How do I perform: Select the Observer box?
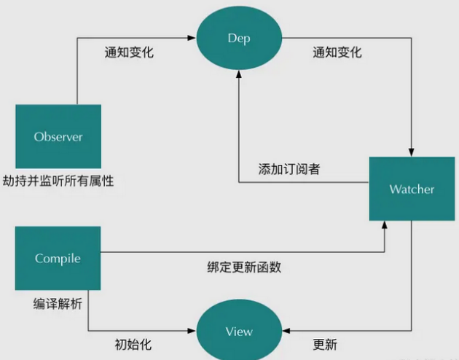coord(58,136)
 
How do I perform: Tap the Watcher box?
coord(412,189)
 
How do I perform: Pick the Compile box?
coord(58,258)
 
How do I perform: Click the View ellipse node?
coord(239,332)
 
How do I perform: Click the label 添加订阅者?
coord(289,169)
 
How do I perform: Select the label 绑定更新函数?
coord(244,267)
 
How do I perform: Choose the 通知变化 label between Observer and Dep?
coord(129,52)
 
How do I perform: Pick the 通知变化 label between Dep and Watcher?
coord(337,52)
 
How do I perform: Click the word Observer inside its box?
coord(58,136)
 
